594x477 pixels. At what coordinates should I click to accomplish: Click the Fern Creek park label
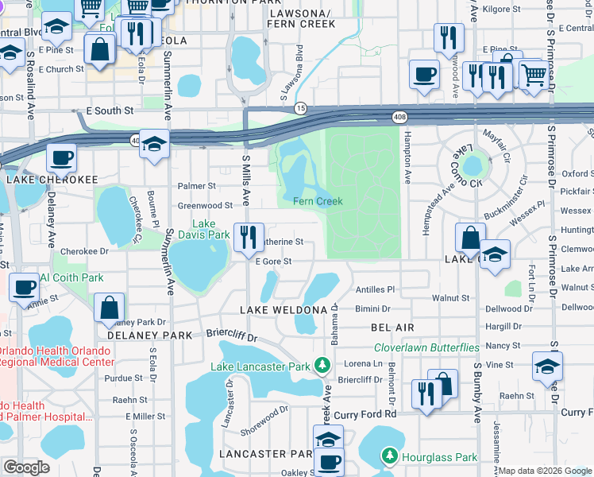click(x=318, y=201)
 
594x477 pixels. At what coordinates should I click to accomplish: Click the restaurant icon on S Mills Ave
click(x=249, y=237)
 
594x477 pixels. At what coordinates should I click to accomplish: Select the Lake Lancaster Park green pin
click(x=322, y=366)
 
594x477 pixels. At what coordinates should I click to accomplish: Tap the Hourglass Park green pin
click(x=389, y=456)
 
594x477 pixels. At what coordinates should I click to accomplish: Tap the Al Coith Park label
click(x=72, y=277)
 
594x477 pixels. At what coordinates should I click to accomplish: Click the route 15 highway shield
click(x=300, y=107)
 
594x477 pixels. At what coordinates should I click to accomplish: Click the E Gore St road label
click(x=273, y=261)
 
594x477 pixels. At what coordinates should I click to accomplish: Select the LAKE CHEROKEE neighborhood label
click(x=52, y=180)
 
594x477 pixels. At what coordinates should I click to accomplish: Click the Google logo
click(x=26, y=467)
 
